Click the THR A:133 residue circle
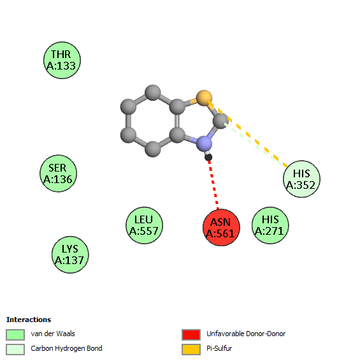(x=62, y=61)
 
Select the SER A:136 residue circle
(x=58, y=173)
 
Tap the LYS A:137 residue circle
(x=70, y=254)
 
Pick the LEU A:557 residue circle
(x=144, y=225)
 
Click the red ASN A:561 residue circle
(x=221, y=228)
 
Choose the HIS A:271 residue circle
(x=270, y=225)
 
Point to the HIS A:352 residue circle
(x=301, y=179)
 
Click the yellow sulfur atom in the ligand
(x=204, y=98)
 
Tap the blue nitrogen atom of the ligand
(x=204, y=144)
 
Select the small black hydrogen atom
(x=208, y=158)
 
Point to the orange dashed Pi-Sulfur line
(x=248, y=134)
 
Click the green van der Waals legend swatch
(x=15, y=334)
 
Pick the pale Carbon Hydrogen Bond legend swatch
(x=15, y=350)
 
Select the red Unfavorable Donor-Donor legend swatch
(x=191, y=334)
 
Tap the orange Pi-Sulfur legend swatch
(x=191, y=350)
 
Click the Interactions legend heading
(x=29, y=320)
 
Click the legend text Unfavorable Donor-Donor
(x=246, y=334)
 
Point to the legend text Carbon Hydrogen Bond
(x=66, y=349)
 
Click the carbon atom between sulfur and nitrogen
(x=220, y=121)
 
